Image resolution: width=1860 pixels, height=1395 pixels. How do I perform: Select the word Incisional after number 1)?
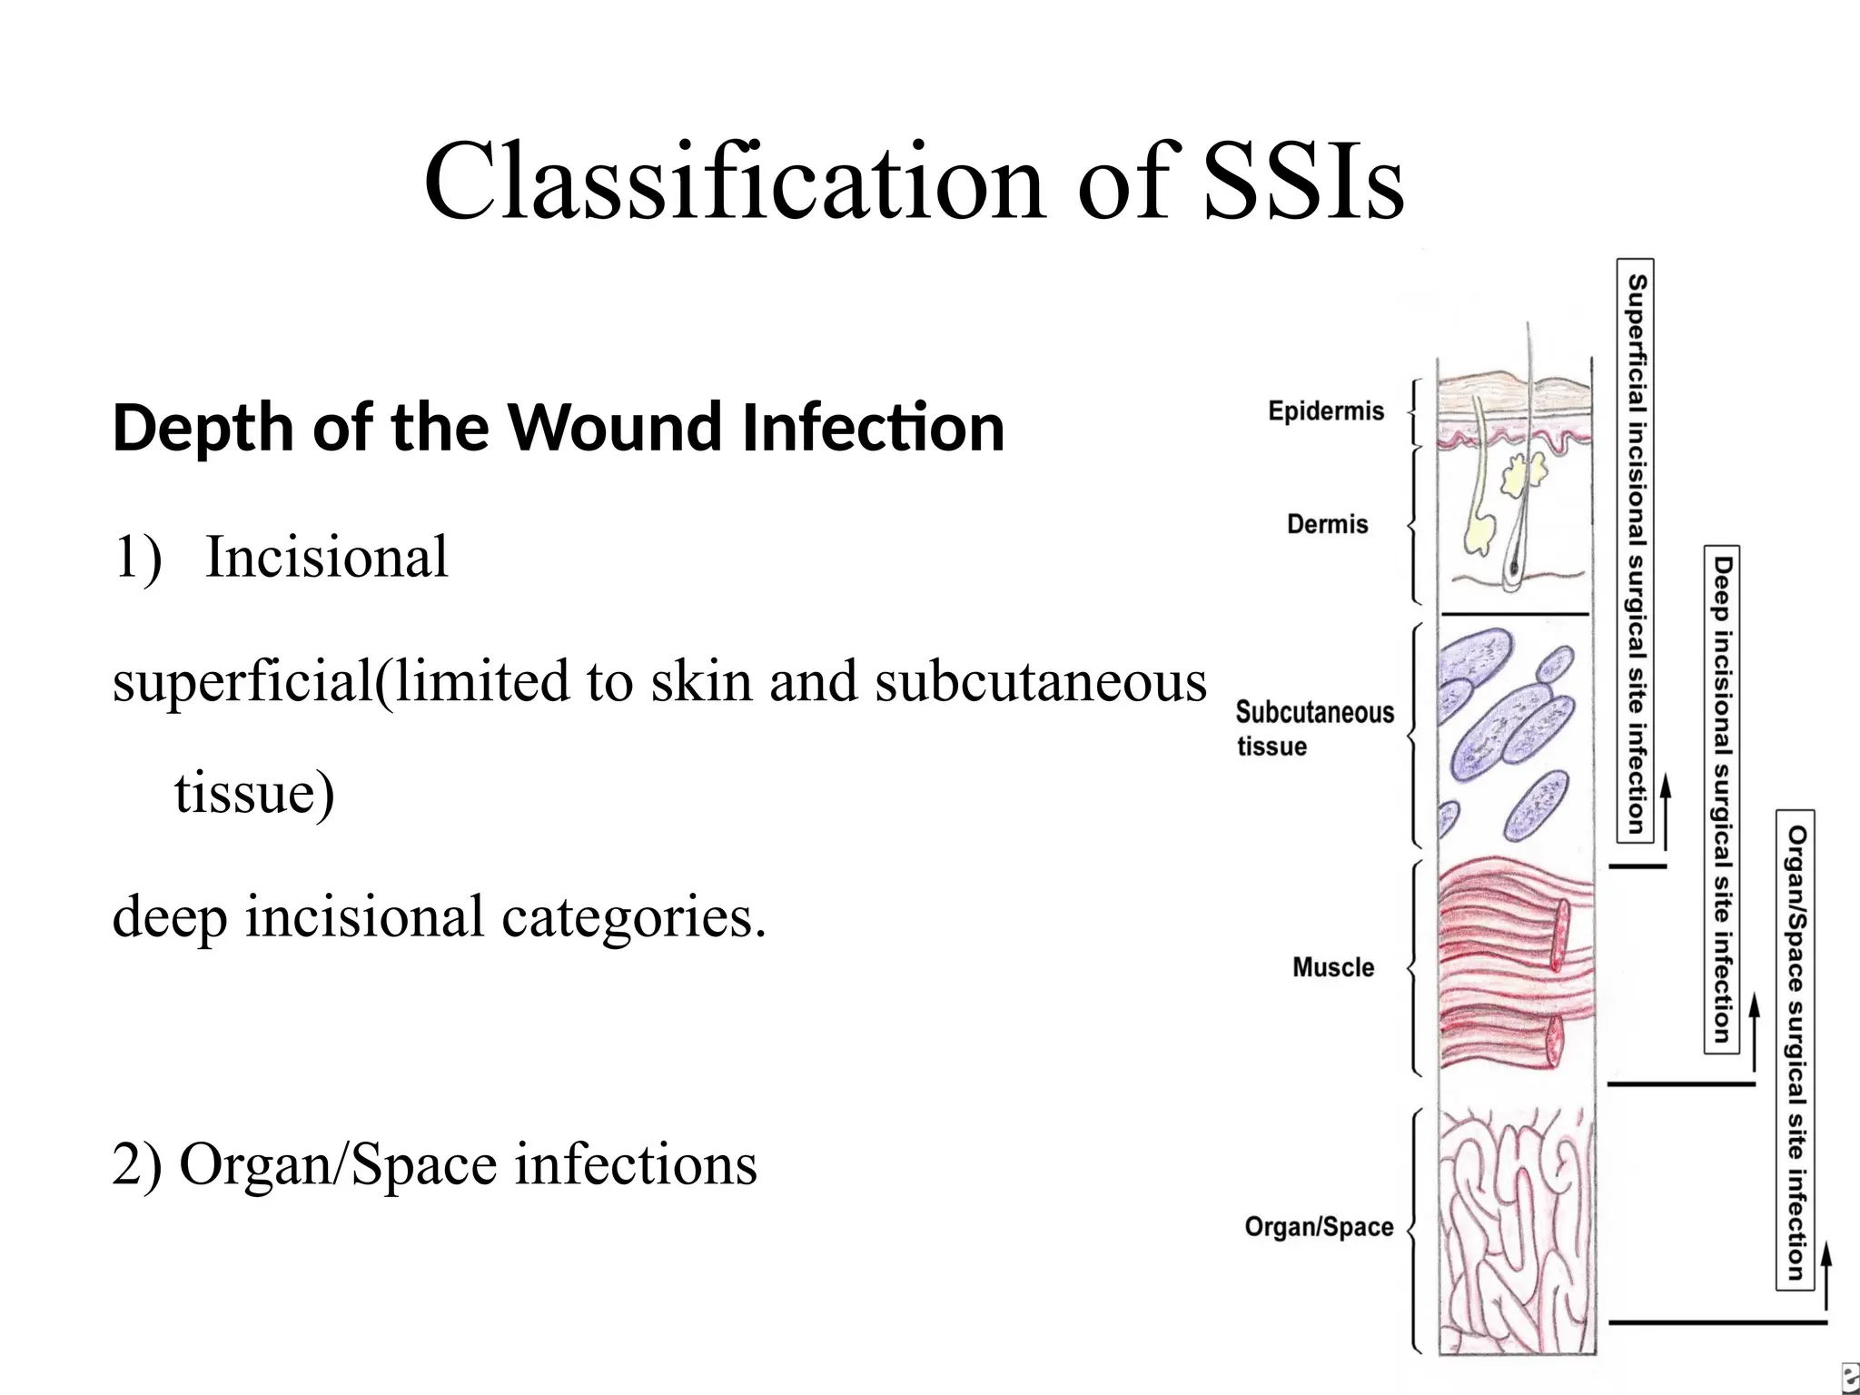[x=326, y=557]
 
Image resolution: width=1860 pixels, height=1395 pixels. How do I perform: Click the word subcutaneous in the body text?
[x=1040, y=681]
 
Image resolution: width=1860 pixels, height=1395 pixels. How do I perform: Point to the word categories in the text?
[x=633, y=916]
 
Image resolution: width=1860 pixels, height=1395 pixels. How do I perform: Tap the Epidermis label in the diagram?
[x=1325, y=411]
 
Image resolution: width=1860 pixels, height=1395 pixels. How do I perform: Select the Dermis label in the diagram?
[x=1327, y=524]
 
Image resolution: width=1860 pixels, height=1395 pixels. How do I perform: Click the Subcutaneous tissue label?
[x=1313, y=727]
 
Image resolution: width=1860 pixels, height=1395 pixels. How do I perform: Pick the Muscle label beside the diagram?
[x=1332, y=967]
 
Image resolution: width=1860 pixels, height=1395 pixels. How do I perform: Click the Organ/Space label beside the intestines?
[x=1318, y=1227]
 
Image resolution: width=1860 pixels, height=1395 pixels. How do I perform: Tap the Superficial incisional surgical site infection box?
[x=1636, y=551]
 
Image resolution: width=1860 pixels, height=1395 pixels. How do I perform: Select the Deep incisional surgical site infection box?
[x=1721, y=799]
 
